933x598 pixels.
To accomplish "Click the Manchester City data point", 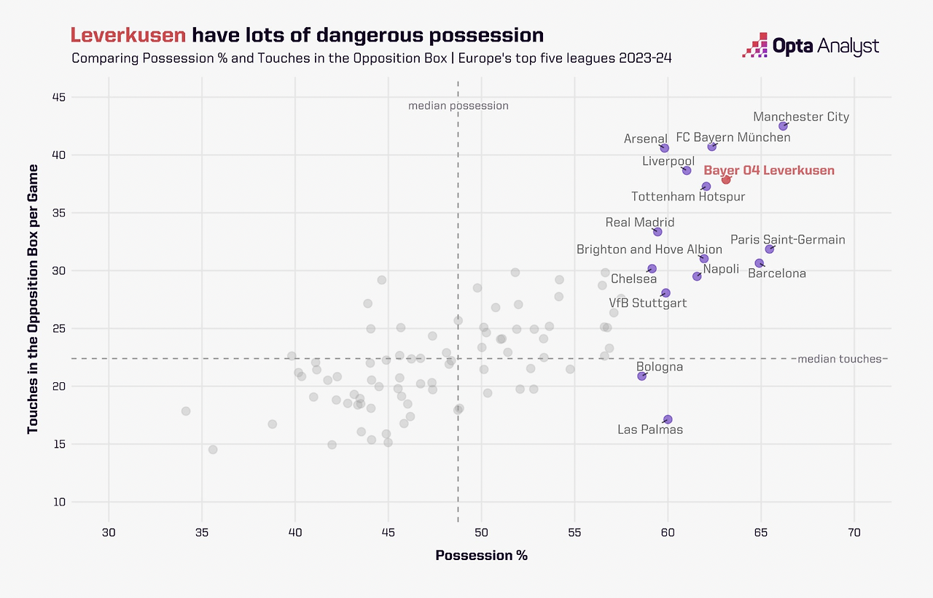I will (783, 126).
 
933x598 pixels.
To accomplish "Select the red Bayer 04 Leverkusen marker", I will (726, 179).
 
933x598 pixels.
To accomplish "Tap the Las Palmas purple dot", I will (668, 419).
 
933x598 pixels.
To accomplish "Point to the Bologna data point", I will (641, 376).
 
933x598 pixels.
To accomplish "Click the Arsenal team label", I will (646, 139).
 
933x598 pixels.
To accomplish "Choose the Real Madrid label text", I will (640, 222).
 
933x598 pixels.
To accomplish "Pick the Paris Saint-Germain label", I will (788, 239).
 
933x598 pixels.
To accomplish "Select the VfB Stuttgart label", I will (648, 303).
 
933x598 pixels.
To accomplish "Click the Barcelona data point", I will (759, 263).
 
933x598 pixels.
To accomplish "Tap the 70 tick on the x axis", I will (854, 533).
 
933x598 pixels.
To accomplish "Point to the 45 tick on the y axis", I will (79, 97).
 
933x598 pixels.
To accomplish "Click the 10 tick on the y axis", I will (79, 502).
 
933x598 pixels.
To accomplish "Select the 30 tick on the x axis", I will (109, 533).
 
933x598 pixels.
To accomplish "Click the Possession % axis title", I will (481, 556).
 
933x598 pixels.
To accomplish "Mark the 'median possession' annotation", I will (458, 106).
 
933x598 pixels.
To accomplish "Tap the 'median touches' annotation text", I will (840, 359).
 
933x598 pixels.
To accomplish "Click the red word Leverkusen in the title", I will (128, 35).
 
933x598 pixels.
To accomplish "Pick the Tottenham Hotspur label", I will (688, 196).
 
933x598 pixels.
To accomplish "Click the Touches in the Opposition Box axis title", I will (33, 299).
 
